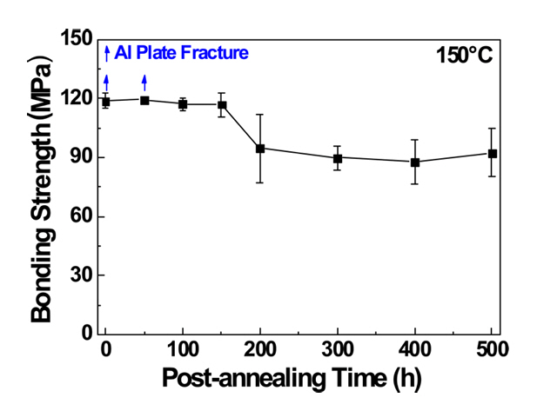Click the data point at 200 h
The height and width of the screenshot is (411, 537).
coord(260,148)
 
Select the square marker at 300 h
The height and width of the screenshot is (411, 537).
coord(338,158)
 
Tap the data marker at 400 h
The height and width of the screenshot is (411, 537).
coord(415,162)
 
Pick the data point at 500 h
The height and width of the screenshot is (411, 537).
coord(493,154)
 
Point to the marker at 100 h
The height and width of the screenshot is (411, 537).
coord(183,104)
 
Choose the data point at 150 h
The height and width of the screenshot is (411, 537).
coord(222,105)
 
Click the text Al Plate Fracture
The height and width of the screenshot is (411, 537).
coord(181,53)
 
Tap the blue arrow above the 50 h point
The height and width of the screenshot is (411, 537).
coord(144,83)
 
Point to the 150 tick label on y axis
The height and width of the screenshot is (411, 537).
coord(77,39)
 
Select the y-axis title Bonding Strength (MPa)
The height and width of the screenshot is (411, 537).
coord(42,185)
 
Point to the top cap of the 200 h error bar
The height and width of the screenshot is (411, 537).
coord(260,114)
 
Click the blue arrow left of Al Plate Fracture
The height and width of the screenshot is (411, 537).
coord(107,53)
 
